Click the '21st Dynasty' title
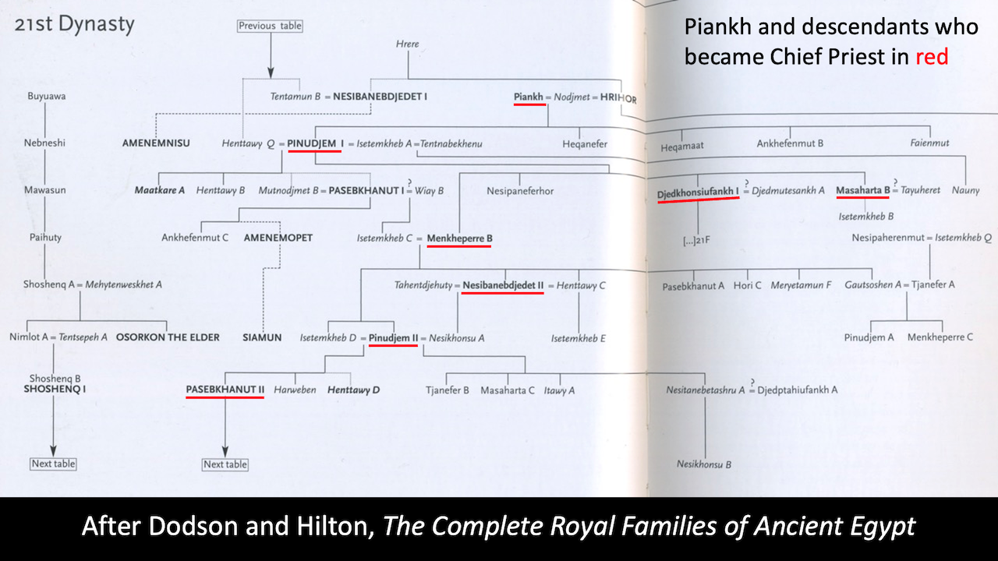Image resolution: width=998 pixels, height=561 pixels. (x=74, y=24)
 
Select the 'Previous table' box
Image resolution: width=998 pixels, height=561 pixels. (x=270, y=26)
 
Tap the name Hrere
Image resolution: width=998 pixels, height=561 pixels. (x=407, y=44)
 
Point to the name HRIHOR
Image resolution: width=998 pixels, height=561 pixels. (x=618, y=98)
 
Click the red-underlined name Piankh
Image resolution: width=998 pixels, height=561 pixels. (x=528, y=97)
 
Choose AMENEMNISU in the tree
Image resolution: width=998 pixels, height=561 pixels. (x=156, y=144)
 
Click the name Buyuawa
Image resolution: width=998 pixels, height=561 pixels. (x=46, y=97)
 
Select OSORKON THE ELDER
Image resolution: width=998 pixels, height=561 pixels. (x=168, y=337)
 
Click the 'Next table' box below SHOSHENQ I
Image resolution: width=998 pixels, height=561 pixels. (x=54, y=464)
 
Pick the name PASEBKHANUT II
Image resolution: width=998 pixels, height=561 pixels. (x=225, y=389)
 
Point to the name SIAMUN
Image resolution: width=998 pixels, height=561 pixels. (x=262, y=337)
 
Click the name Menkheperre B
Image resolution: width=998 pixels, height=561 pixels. (x=459, y=238)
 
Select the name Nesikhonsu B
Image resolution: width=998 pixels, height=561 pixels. (x=703, y=464)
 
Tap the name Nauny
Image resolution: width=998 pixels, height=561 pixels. (x=965, y=190)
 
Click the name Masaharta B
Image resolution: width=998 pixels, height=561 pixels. (x=862, y=190)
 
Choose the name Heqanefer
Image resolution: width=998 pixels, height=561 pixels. (x=585, y=144)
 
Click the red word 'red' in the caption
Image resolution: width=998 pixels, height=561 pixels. (x=932, y=56)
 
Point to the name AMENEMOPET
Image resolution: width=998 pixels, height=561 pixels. (x=278, y=238)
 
